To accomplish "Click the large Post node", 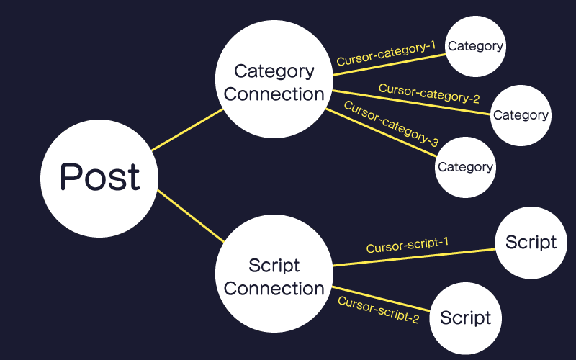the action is click(99, 179).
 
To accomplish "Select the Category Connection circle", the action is click(274, 79).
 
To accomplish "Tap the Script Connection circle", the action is click(274, 274).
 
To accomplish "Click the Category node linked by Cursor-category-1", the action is click(475, 46).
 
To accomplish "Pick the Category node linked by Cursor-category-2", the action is click(521, 115).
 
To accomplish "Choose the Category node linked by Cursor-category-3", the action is click(465, 168).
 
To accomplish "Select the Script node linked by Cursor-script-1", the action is click(531, 243).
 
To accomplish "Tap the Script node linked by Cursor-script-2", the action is click(465, 318).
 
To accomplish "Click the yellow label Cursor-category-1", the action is click(386, 53).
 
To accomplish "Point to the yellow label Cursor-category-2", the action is click(429, 94).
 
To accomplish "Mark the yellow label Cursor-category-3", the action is click(391, 124).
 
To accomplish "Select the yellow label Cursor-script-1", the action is click(408, 245).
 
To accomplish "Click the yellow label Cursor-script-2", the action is click(379, 310).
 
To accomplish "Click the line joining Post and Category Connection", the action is click(187, 130).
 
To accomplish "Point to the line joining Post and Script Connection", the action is click(191, 216).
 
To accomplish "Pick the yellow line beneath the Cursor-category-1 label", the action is click(390, 65).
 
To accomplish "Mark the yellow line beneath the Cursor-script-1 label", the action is click(414, 257).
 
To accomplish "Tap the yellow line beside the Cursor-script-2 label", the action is click(381, 299).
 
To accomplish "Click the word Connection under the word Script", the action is click(274, 289).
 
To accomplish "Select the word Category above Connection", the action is click(274, 71).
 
